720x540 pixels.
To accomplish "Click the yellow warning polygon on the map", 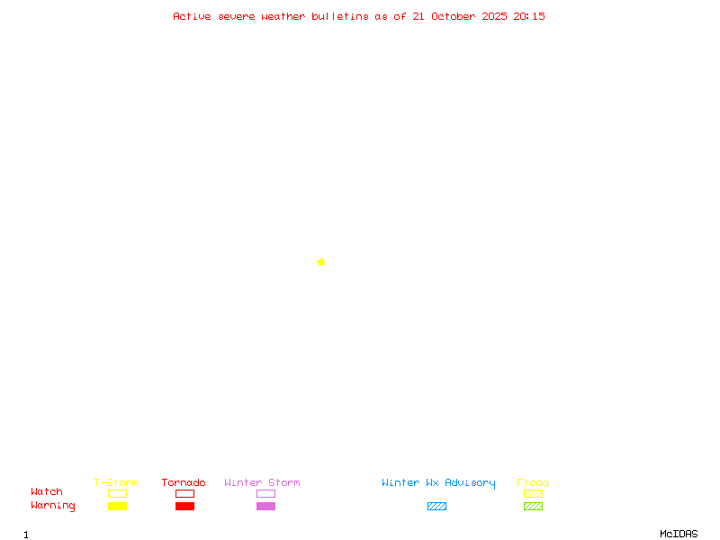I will [x=321, y=262].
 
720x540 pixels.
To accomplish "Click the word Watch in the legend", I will [x=47, y=492].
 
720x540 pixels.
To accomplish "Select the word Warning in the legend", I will [x=53, y=506].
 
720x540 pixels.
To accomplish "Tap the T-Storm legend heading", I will [x=116, y=482].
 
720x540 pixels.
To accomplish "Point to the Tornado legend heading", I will [x=184, y=482].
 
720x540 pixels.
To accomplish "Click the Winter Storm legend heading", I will [x=262, y=482].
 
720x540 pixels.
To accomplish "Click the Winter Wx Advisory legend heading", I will [x=438, y=482].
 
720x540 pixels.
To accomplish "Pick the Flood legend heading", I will [x=533, y=482].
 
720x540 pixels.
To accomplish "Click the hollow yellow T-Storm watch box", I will [x=117, y=493].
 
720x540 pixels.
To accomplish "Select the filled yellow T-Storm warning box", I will [x=117, y=506].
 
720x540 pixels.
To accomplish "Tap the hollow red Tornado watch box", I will [x=184, y=493].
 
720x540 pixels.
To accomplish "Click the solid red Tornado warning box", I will [x=184, y=506].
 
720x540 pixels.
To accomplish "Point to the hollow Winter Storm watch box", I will [x=265, y=493].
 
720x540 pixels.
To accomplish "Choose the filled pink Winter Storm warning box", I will [x=265, y=506].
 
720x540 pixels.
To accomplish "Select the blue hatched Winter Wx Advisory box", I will [x=436, y=506].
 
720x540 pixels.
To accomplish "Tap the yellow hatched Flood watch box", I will [x=533, y=493].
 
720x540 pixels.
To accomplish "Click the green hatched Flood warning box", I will [x=533, y=506].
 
